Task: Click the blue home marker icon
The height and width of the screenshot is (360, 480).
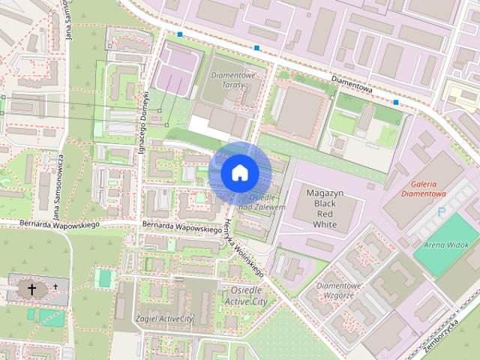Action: [x=239, y=172]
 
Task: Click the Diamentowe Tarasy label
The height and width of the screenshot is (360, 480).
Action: [x=233, y=80]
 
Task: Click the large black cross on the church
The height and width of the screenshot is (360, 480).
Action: [x=32, y=288]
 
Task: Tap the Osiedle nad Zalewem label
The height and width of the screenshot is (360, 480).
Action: [x=264, y=201]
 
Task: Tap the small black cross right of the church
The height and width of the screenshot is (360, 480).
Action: [x=55, y=286]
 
